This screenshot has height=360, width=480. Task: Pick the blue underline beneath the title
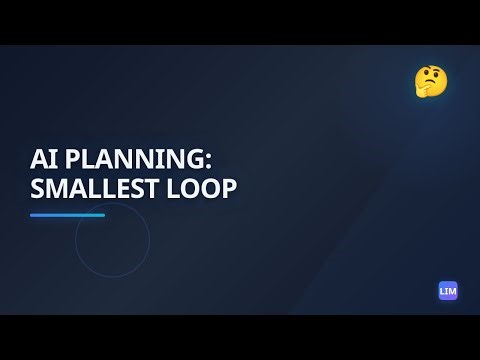pos(67,215)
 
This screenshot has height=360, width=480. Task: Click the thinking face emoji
pos(431,81)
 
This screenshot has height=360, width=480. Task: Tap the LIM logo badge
pos(448,291)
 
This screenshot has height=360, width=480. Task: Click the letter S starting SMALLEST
pos(37,188)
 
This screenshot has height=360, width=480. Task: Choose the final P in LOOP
pos(229,188)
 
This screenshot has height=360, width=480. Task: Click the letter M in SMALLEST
pos(58,188)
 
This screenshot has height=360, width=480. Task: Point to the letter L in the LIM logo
pos(442,291)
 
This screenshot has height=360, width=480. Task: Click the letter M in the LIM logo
pos(452,291)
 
